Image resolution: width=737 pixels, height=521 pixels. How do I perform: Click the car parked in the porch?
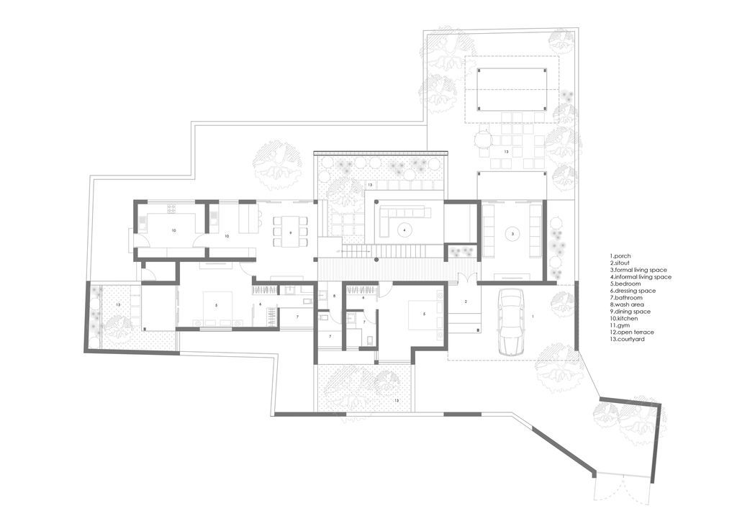[511, 322]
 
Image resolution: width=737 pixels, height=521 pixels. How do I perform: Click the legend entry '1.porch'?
[620, 256]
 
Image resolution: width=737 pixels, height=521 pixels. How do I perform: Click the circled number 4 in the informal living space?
[404, 230]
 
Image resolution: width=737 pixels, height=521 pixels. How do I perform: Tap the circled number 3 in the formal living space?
[512, 233]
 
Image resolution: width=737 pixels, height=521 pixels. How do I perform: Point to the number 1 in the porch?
[533, 317]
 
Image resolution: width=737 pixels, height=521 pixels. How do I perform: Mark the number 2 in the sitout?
[466, 301]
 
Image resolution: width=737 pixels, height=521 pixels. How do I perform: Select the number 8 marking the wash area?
[334, 296]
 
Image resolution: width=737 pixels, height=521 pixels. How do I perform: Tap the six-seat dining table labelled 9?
[291, 231]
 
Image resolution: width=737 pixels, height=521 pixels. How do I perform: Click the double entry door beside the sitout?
[466, 278]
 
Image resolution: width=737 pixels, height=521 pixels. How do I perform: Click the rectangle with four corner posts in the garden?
[512, 89]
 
